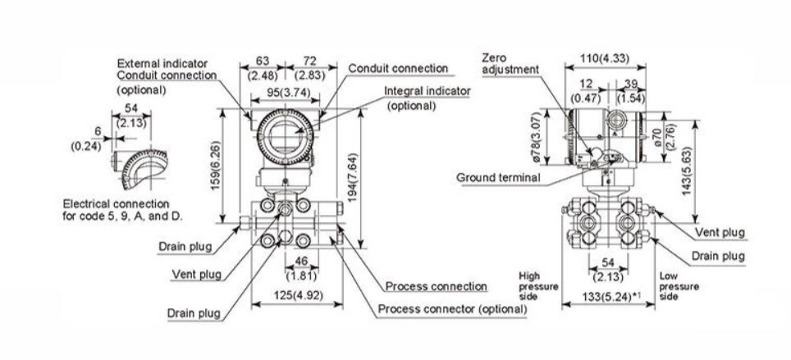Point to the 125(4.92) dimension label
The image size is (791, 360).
[x=295, y=294]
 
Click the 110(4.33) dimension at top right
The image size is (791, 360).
[x=606, y=58]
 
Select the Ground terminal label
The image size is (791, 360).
[x=498, y=177]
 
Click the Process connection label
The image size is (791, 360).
[x=437, y=285]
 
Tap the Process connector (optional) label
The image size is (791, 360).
[x=451, y=309]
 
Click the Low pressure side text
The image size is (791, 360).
[x=679, y=286]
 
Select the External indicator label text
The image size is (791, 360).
[x=162, y=63]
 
